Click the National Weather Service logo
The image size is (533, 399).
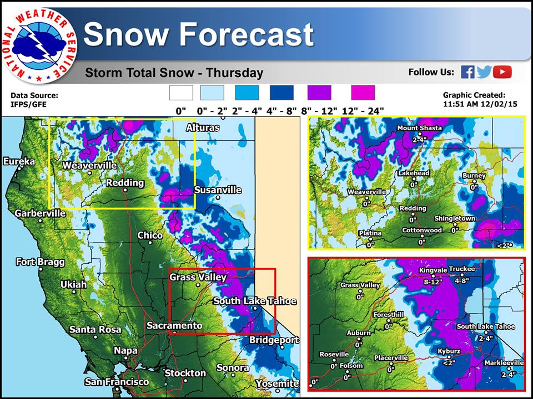39,45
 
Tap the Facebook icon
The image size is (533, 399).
467,72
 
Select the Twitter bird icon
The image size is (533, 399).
484,72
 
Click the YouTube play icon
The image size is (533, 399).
502,72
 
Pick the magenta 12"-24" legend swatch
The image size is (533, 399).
363,93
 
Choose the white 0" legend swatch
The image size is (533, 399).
181,93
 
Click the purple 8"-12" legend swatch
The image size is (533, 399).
319,93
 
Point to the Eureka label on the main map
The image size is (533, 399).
19,161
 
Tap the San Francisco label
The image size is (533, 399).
117,382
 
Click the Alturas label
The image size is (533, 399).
203,128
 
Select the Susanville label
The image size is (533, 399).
218,190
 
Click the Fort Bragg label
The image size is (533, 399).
40,262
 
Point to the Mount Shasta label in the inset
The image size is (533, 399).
420,128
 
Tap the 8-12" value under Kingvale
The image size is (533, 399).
433,282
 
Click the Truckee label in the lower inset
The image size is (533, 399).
462,269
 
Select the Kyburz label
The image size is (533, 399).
449,351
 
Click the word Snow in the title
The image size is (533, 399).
127,34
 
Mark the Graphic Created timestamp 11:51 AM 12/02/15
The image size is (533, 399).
480,104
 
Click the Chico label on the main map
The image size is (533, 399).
150,236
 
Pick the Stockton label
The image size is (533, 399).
185,373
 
